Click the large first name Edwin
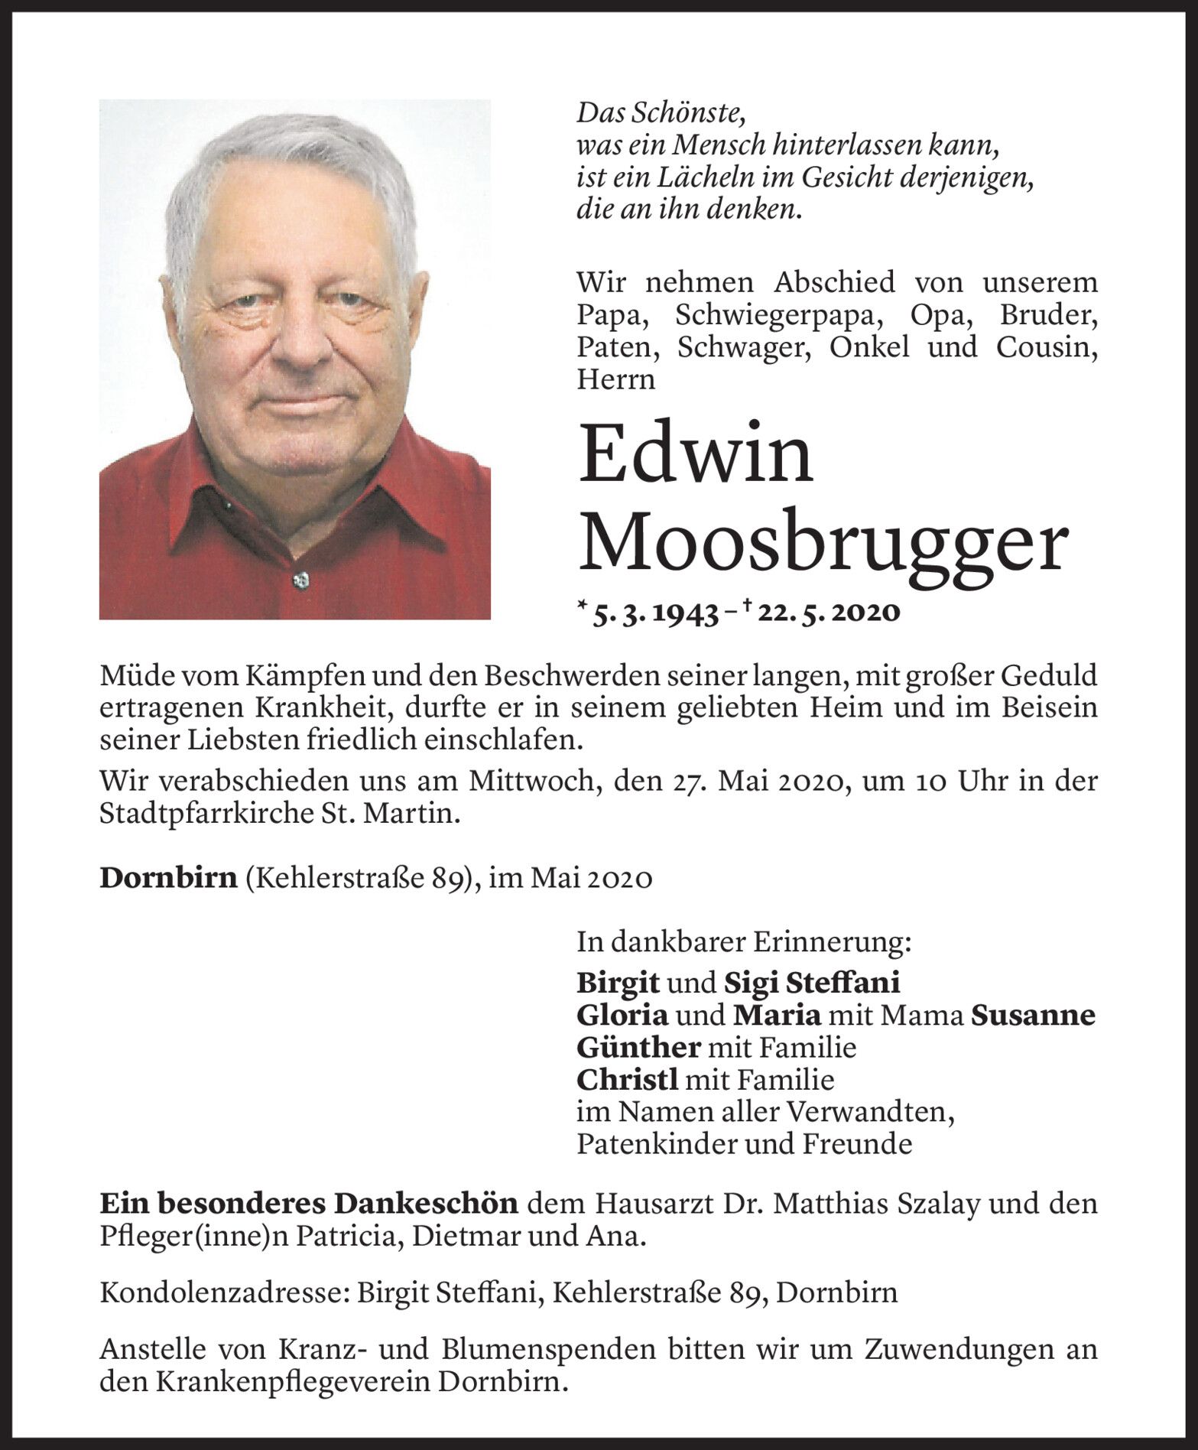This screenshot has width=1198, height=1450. [695, 454]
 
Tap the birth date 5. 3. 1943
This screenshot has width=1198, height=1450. [654, 613]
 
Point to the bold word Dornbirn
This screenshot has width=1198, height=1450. [168, 879]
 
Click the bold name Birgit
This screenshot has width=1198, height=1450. [619, 981]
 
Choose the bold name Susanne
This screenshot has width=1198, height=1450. [1032, 1015]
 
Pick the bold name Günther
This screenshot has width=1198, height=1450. [638, 1047]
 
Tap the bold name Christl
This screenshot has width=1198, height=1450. [627, 1080]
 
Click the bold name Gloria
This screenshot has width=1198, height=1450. [622, 1015]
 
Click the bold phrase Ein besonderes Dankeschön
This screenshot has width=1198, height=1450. [309, 1205]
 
